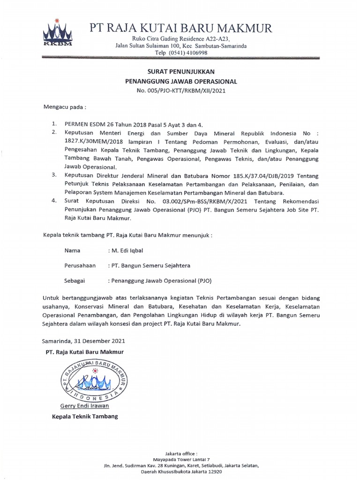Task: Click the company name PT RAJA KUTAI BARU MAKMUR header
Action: pos(180,29)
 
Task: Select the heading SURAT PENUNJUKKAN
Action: pos(181,72)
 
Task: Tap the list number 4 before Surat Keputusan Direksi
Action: pos(54,201)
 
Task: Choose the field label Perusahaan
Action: pos(80,265)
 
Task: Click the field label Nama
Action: pos(72,251)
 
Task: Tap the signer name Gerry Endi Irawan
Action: pos(84,405)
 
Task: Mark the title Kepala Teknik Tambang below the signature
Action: pos(85,416)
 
